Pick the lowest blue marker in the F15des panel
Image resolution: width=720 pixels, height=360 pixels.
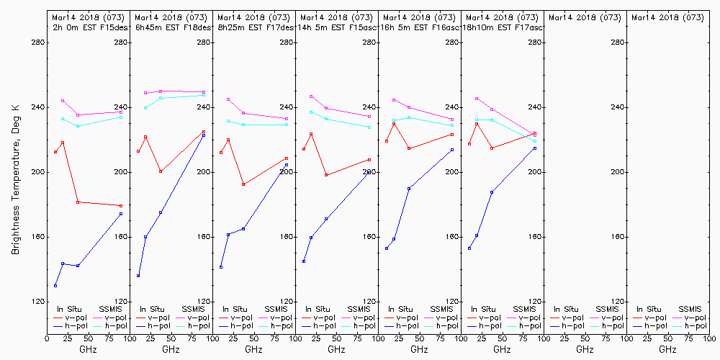[55, 286]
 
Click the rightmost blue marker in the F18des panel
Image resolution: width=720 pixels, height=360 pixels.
[204, 135]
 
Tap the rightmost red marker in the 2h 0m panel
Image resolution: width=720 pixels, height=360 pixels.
[121, 206]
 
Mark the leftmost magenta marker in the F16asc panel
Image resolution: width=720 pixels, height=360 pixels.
[394, 100]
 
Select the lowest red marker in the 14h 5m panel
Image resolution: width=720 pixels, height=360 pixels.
[326, 175]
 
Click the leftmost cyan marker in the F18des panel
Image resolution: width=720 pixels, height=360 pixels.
[145, 108]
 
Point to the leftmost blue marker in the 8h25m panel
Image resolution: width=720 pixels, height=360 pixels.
[221, 267]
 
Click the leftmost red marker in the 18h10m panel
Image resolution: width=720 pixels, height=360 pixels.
[469, 144]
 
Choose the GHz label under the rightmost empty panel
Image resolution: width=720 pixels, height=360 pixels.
[667, 349]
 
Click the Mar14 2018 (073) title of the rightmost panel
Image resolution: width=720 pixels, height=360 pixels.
[667, 17]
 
